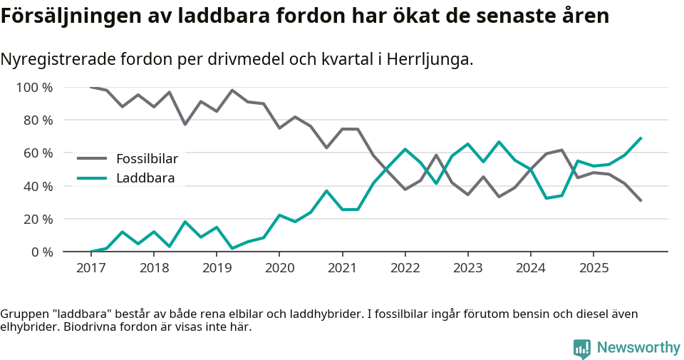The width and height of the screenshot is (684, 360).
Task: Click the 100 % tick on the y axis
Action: (35, 88)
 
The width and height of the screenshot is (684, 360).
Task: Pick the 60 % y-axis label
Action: (38, 153)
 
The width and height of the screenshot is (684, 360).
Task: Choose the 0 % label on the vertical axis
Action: (41, 252)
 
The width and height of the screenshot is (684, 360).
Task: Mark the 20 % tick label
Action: (38, 219)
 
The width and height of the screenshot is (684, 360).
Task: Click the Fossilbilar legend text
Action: (147, 158)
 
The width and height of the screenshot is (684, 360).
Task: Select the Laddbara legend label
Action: (145, 178)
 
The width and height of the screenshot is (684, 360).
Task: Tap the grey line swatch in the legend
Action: (92, 158)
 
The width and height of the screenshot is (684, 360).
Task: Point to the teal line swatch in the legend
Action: (92, 178)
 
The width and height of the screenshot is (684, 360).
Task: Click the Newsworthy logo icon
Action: (582, 348)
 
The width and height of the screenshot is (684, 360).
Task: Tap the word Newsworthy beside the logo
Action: (638, 348)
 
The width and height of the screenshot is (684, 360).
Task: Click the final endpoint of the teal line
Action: (641, 138)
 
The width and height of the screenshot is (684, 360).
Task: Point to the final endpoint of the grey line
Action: (641, 201)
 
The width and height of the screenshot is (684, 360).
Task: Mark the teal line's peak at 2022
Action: (405, 149)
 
